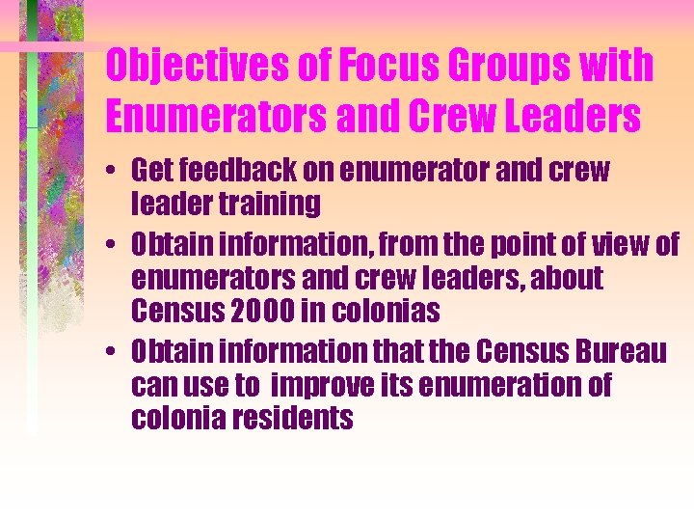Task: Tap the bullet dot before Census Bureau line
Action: (x=114, y=353)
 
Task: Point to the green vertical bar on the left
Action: (x=32, y=241)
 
